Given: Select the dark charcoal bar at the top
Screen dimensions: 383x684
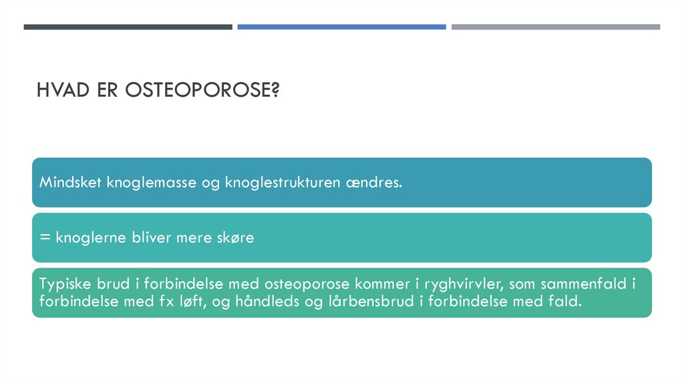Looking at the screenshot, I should [x=128, y=27].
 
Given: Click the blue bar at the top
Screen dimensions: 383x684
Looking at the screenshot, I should [x=341, y=27].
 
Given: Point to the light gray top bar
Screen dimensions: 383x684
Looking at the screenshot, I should [x=555, y=27].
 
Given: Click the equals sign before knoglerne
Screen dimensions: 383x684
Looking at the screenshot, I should [x=43, y=238].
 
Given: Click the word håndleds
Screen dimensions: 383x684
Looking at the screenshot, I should [x=273, y=301].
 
